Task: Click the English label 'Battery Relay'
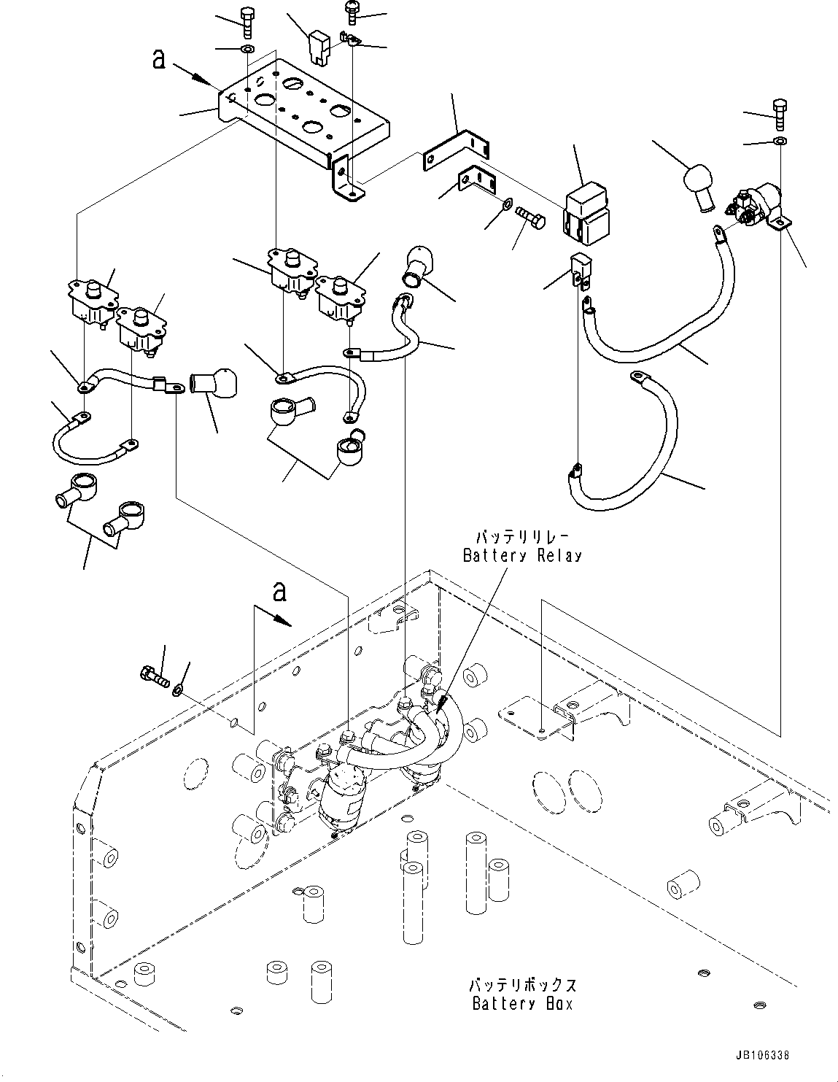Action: (x=522, y=555)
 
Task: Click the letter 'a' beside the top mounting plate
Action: (x=159, y=58)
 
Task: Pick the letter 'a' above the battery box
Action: (x=278, y=592)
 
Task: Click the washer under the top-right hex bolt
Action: (x=780, y=139)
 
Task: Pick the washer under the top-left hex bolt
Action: (x=246, y=50)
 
